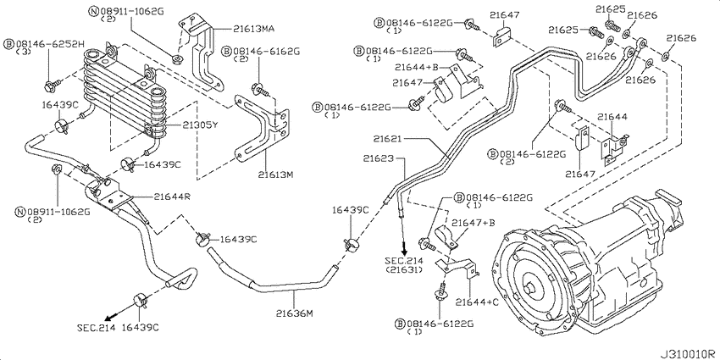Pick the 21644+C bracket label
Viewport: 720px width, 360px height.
477,301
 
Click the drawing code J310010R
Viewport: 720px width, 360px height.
684,350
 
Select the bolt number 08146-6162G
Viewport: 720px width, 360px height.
264,51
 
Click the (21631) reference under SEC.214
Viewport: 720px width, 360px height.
408,271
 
